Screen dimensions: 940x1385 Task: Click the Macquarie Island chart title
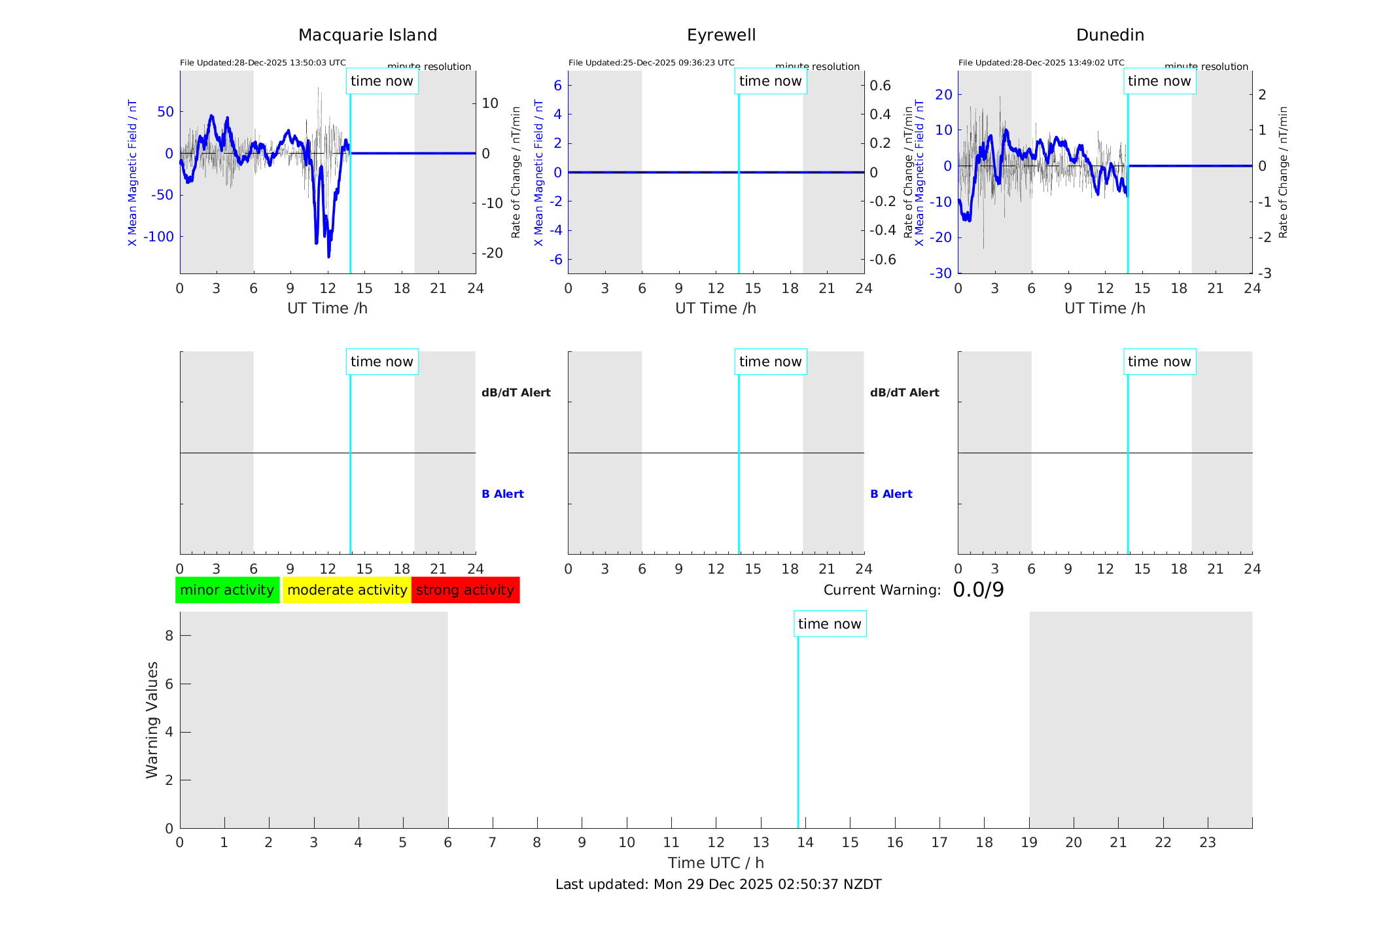click(367, 35)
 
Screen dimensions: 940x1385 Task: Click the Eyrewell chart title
click(721, 35)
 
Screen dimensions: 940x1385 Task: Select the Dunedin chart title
click(1110, 35)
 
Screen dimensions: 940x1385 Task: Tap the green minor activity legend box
click(227, 590)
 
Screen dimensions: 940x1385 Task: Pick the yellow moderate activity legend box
click(347, 590)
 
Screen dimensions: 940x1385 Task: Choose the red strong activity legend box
click(465, 590)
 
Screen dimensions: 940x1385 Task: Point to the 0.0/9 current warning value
click(978, 590)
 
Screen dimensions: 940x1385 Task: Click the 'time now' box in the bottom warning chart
click(830, 624)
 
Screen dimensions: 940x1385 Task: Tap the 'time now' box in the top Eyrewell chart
click(770, 81)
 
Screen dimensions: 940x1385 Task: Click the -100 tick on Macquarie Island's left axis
click(159, 237)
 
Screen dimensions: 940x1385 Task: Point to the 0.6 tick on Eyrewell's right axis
click(880, 86)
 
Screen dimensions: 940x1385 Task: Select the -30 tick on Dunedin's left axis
click(943, 273)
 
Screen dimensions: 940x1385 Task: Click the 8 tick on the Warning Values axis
click(169, 635)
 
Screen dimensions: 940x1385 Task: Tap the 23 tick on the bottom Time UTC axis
click(1207, 843)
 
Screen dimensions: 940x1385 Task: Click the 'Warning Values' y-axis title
click(152, 720)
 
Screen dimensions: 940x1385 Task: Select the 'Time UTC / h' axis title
click(716, 863)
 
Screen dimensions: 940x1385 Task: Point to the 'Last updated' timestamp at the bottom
click(718, 884)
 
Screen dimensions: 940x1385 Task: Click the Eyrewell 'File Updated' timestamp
click(651, 63)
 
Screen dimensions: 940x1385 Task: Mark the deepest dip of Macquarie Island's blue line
click(328, 256)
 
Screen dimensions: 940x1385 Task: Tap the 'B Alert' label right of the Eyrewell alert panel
click(891, 494)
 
